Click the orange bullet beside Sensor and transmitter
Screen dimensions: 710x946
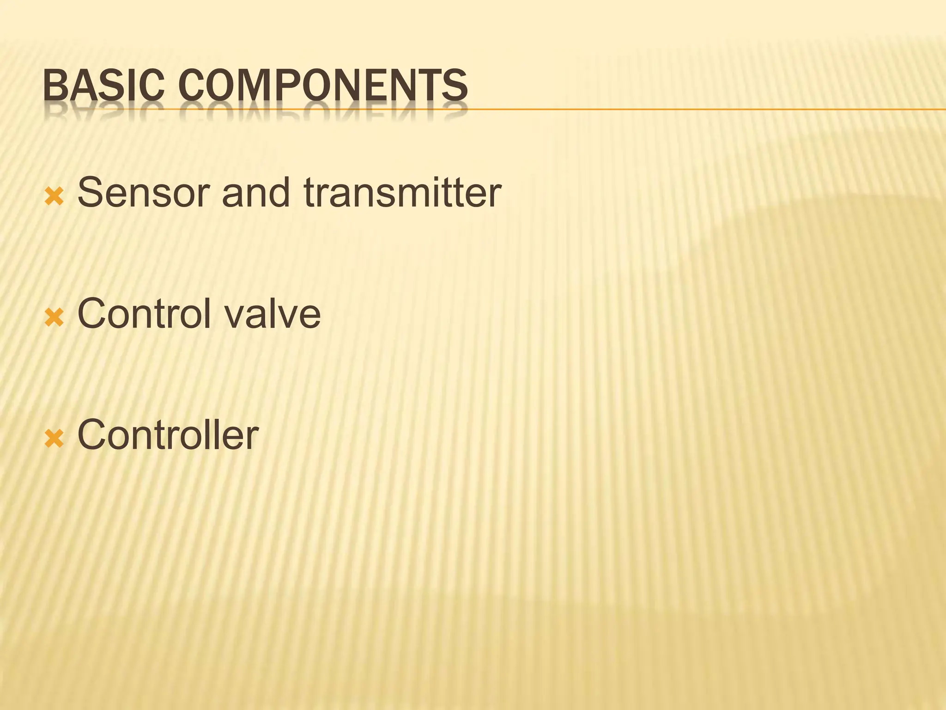54,196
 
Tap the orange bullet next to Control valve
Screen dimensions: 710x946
54,318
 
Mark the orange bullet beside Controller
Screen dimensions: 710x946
54,439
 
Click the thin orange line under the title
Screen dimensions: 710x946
693,110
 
